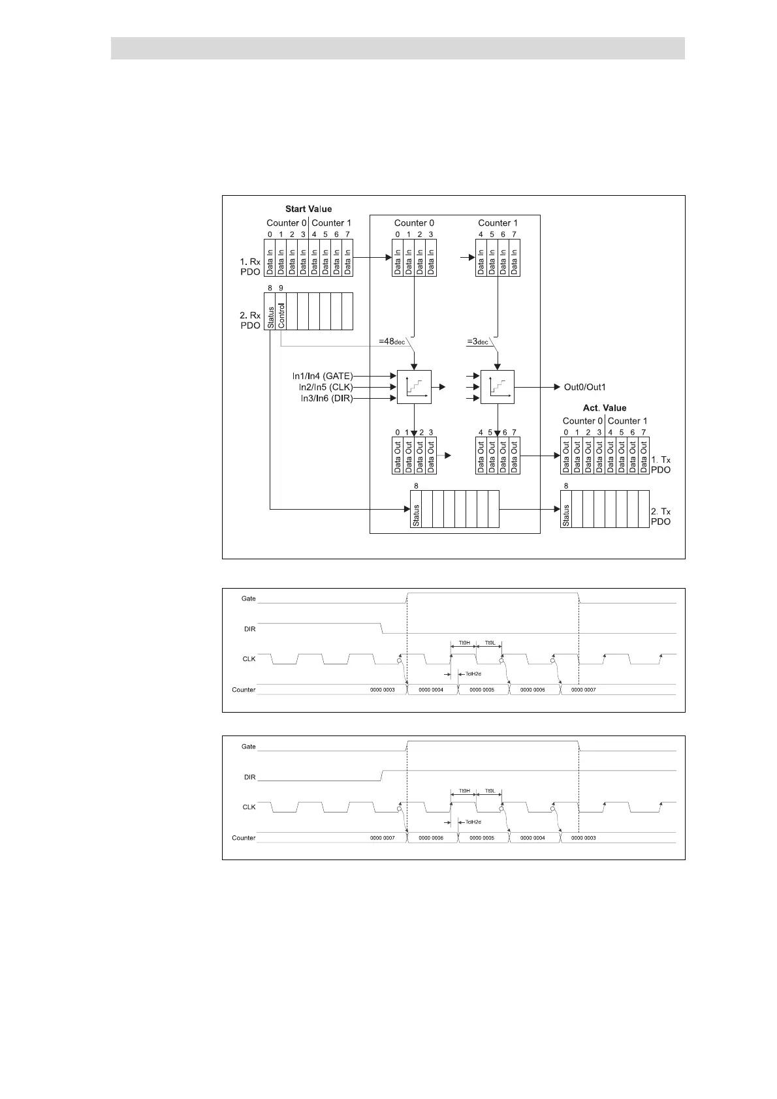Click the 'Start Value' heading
click(308, 209)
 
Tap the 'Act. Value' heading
click(604, 408)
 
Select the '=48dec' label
click(392, 341)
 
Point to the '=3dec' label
click(477, 341)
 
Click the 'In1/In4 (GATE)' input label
click(322, 376)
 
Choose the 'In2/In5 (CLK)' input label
click(325, 387)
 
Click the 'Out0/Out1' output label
click(584, 387)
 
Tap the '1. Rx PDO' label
click(249, 266)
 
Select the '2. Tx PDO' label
click(661, 516)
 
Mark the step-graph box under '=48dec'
click(414, 387)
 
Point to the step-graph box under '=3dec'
click(497, 387)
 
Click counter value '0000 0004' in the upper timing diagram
click(431, 689)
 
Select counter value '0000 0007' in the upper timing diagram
click(583, 689)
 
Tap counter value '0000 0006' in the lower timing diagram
click(431, 837)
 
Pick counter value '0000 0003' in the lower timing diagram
click(583, 837)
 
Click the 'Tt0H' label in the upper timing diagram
click(464, 642)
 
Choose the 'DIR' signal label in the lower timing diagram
click(249, 777)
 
